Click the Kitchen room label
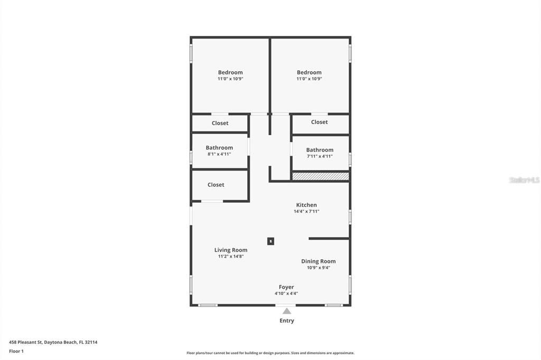tap(306, 205)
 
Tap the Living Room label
tap(230, 250)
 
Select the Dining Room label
tap(318, 261)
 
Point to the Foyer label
tap(286, 287)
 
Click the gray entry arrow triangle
tap(286, 311)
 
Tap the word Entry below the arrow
tap(286, 321)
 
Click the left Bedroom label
tap(230, 72)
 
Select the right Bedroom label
tap(309, 72)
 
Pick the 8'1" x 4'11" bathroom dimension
tap(219, 154)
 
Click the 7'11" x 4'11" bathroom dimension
tap(320, 156)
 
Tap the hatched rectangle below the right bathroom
tap(321, 176)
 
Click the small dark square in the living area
tap(270, 241)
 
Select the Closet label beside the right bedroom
tap(319, 122)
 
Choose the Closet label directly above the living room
tap(216, 185)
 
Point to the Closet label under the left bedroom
tap(220, 123)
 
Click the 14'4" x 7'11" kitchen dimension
tap(306, 211)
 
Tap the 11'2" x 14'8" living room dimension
tap(230, 257)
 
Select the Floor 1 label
tap(16, 351)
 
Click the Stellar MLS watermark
tap(524, 180)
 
